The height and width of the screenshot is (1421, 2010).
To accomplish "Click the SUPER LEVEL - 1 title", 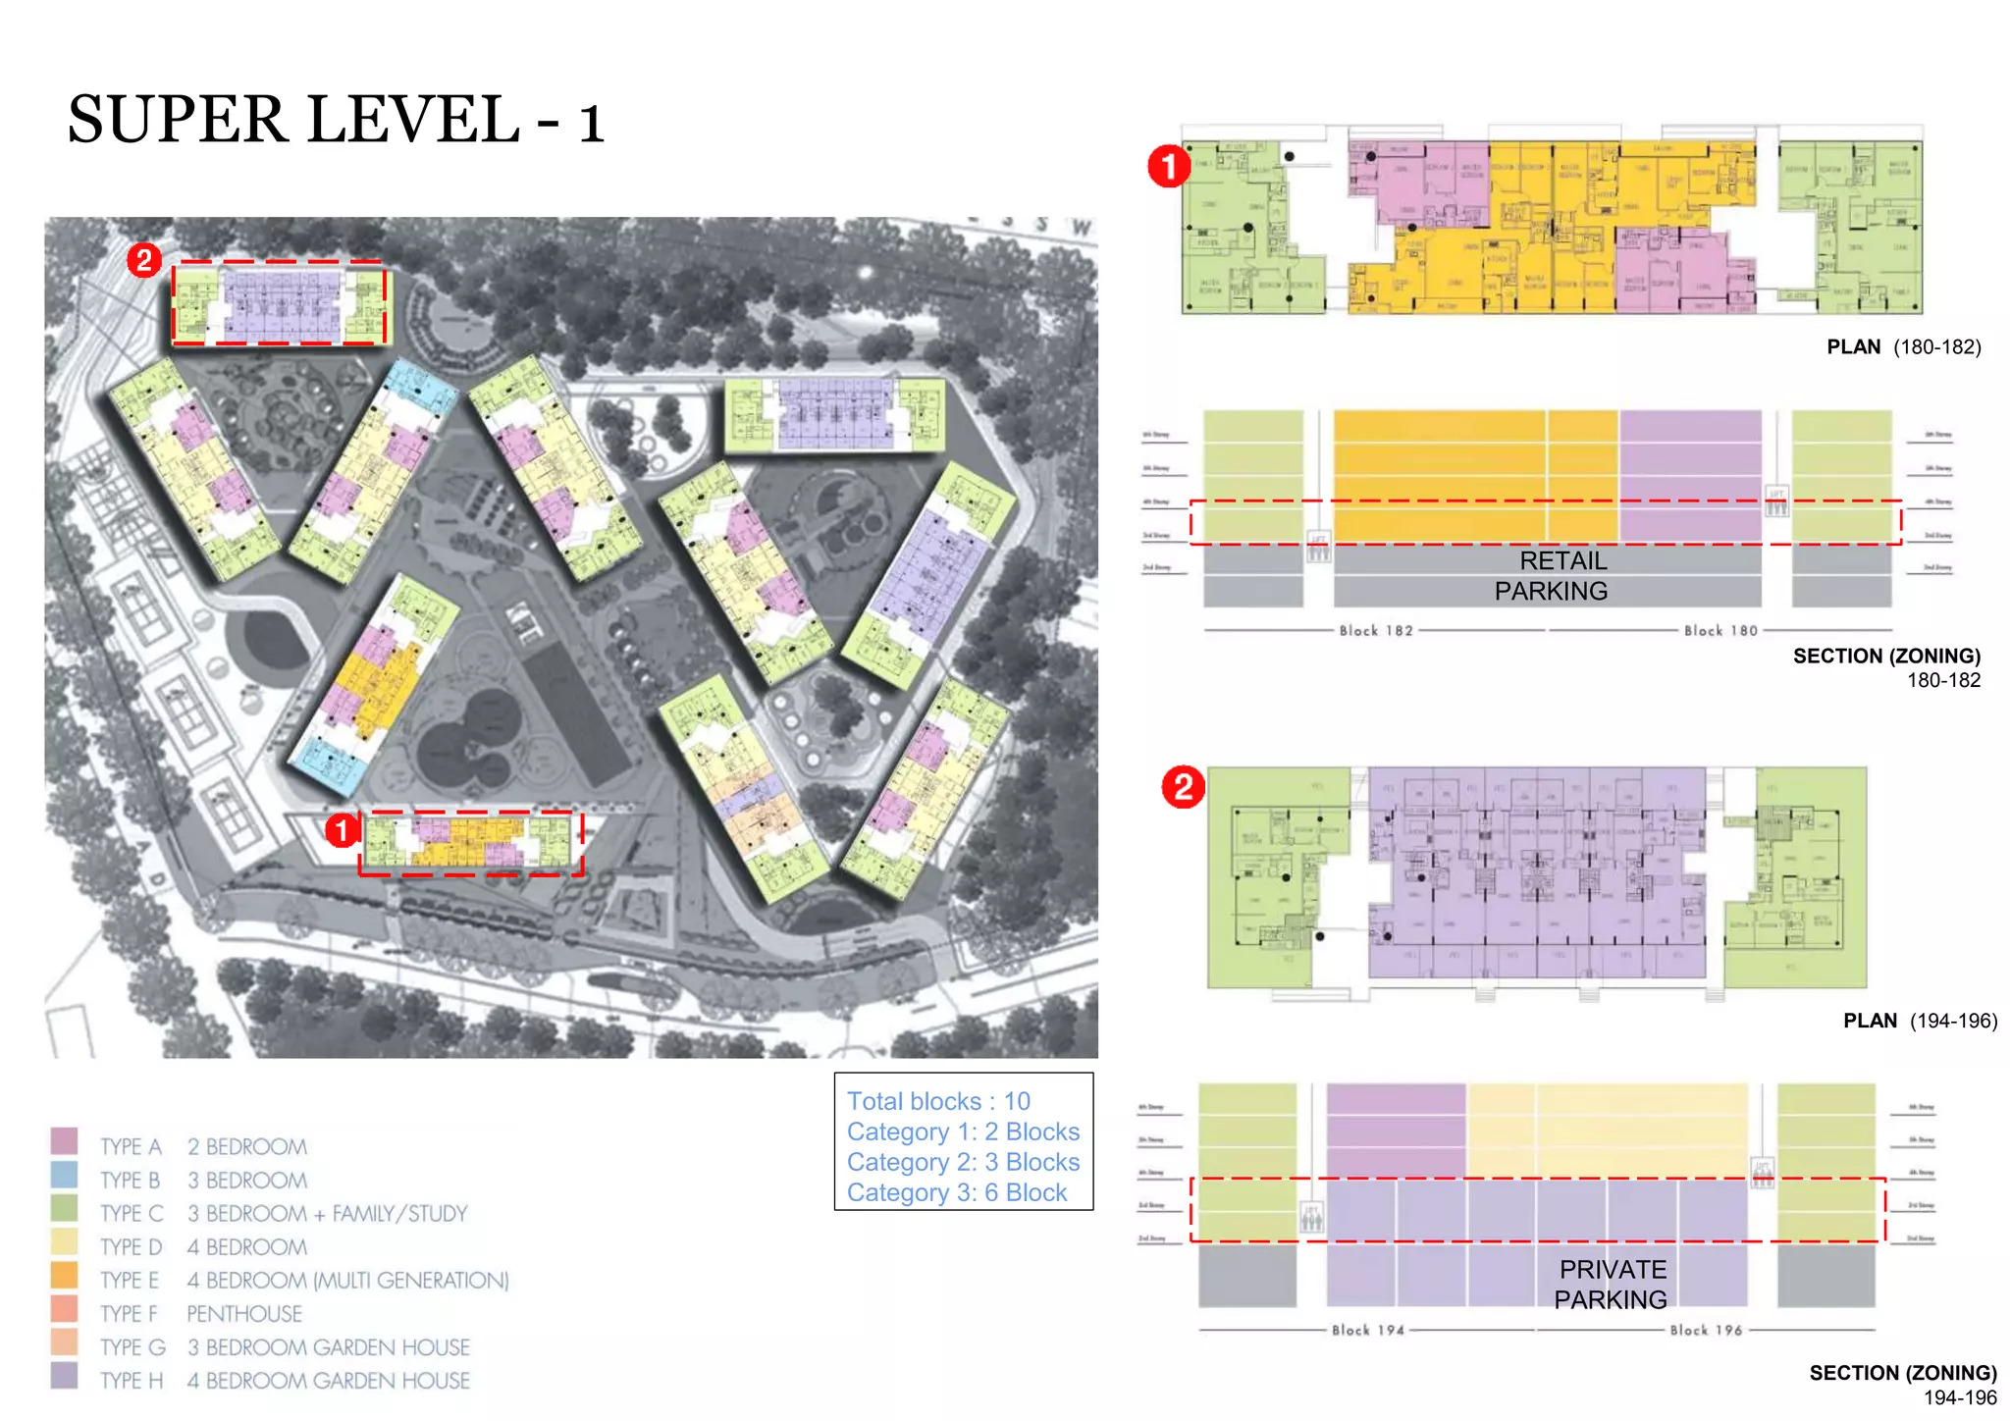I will (335, 121).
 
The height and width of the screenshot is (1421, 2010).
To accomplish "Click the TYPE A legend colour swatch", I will (64, 1141).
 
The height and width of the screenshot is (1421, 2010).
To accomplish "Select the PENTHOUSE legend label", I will (244, 1313).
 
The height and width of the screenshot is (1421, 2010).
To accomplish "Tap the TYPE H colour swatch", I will (64, 1375).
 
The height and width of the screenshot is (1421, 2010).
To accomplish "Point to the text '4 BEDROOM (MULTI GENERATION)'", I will (347, 1280).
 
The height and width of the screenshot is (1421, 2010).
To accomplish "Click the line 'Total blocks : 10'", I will (938, 1101).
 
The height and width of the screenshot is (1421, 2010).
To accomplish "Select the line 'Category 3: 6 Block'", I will (957, 1192).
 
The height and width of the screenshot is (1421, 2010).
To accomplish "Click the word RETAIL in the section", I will (1562, 560).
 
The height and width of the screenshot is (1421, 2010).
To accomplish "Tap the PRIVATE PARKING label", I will (1612, 1284).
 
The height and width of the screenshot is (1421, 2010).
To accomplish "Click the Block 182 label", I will (1376, 631).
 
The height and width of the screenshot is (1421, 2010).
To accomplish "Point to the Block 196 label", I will (1706, 1331).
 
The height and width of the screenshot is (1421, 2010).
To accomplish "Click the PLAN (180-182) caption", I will (1903, 346).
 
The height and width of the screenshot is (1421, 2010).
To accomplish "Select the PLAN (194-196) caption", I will (1919, 1021).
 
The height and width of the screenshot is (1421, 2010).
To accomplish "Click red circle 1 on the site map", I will (341, 830).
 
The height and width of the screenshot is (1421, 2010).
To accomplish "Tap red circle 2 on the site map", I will (144, 260).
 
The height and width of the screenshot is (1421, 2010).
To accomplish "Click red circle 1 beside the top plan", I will (1169, 166).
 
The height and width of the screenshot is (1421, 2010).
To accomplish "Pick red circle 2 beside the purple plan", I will (1183, 787).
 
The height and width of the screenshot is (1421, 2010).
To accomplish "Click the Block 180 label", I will (1720, 631).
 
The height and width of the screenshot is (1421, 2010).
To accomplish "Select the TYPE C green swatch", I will (64, 1208).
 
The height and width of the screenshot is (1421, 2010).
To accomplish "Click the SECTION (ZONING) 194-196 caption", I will (1902, 1384).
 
